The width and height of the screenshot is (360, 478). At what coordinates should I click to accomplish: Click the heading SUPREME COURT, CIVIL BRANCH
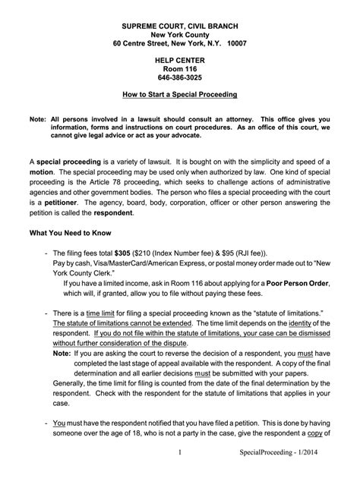tap(180, 26)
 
